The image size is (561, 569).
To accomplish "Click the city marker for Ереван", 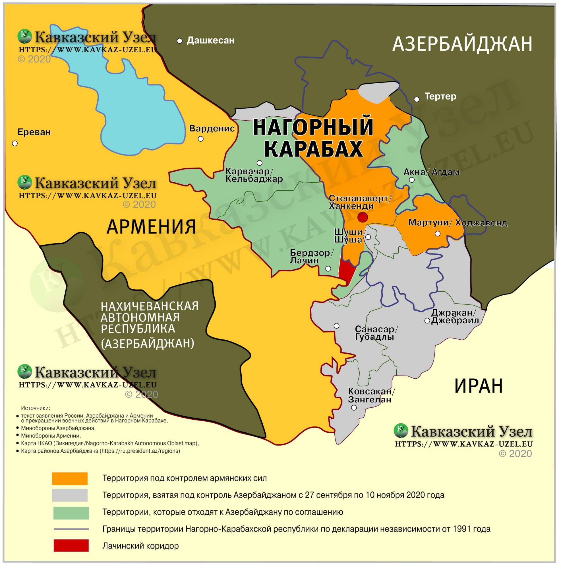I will tap(15, 143).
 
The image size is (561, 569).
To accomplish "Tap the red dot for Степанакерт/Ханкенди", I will tap(362, 217).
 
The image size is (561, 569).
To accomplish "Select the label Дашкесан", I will tap(210, 40).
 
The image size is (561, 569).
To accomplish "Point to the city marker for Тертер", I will tap(417, 99).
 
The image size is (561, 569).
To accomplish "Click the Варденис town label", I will tap(212, 128).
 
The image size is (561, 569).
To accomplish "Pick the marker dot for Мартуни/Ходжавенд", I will tap(437, 234).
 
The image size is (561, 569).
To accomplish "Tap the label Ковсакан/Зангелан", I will tap(371, 395).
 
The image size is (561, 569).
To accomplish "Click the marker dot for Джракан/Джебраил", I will tap(427, 321).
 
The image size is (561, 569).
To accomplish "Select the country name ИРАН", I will tap(478, 386).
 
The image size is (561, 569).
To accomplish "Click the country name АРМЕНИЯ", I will tap(151, 226).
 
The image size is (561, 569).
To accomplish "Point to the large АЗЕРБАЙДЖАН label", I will tap(462, 44).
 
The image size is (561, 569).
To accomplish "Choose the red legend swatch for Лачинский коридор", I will tap(71, 545).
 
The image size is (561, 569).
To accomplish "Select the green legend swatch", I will tap(71, 512).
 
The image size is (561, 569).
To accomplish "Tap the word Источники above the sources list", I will tap(35, 408).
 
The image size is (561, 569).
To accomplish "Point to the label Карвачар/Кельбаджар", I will tap(254, 175).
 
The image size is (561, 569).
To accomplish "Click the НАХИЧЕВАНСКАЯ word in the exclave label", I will tap(149, 306).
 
